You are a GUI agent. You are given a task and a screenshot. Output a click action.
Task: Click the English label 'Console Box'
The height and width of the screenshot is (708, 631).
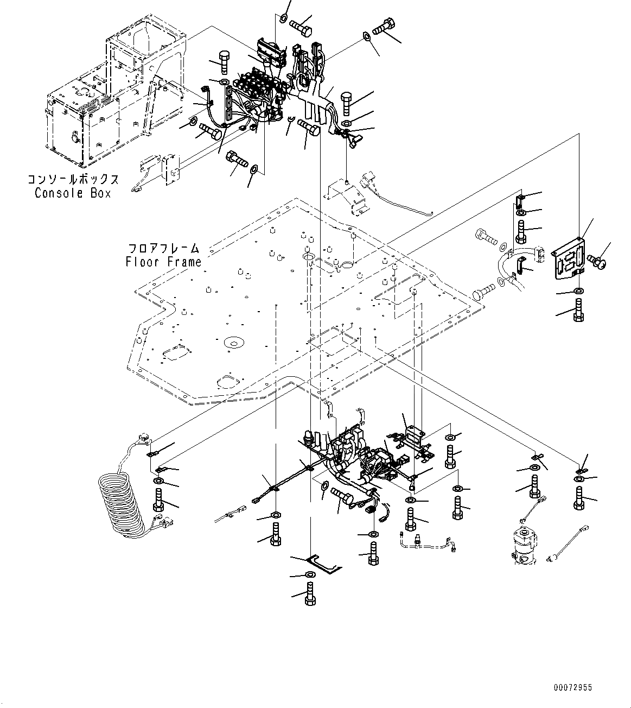[x=72, y=193]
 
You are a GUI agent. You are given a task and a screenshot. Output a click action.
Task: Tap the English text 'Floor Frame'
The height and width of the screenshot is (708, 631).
[x=163, y=262]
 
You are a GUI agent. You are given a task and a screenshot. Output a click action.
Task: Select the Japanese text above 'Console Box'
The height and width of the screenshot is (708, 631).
[x=72, y=180]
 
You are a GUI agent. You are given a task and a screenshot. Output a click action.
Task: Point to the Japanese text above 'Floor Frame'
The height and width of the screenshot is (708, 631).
[x=163, y=249]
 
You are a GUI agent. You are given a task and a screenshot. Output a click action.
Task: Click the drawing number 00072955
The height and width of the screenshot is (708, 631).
[x=573, y=688]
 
